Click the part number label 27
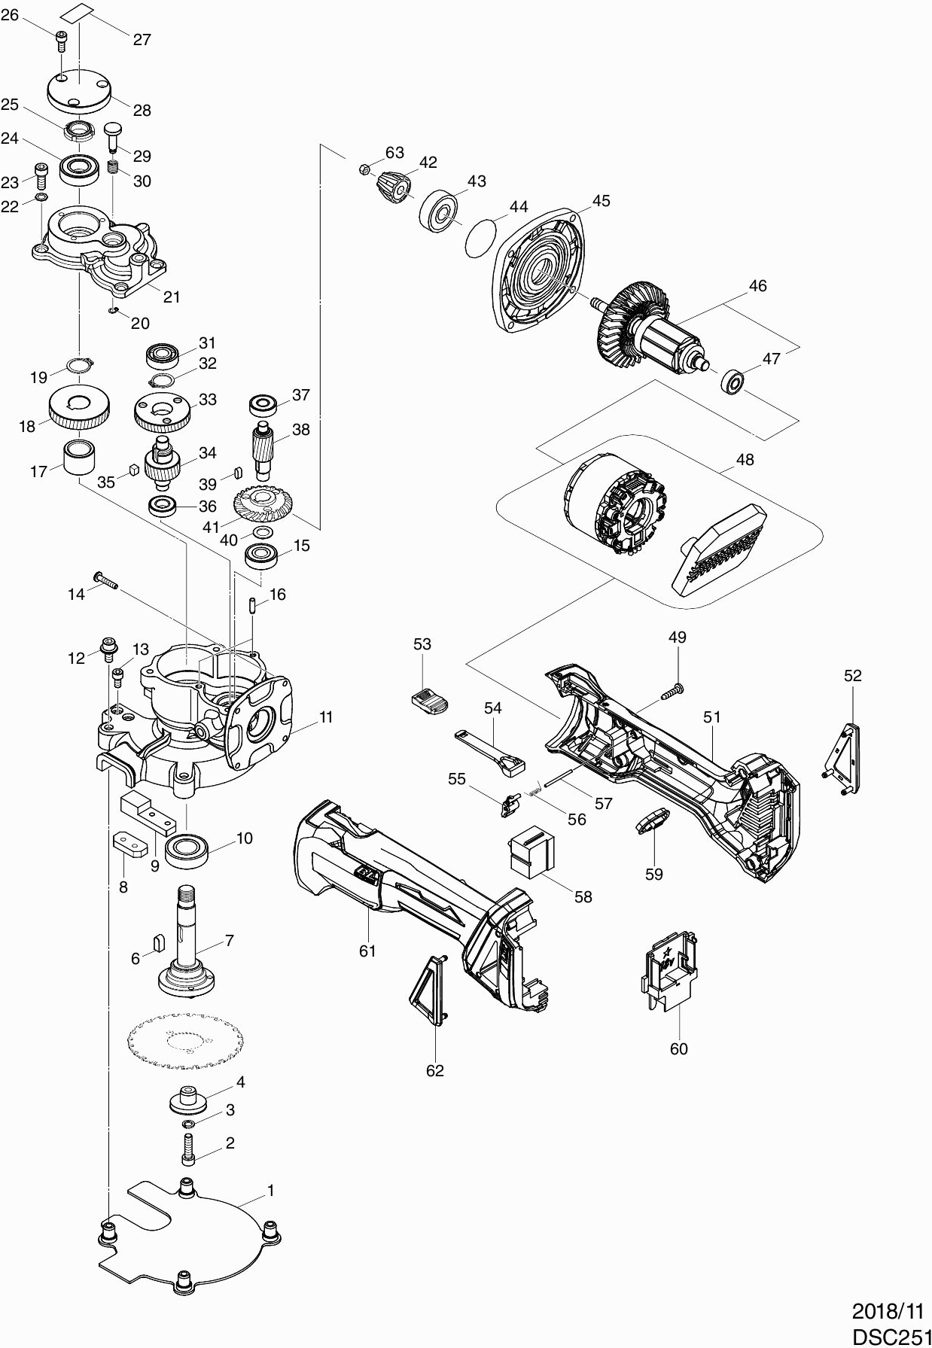pyautogui.click(x=142, y=39)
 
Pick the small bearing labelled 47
pyautogui.click(x=732, y=381)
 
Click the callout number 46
pyautogui.click(x=758, y=286)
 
